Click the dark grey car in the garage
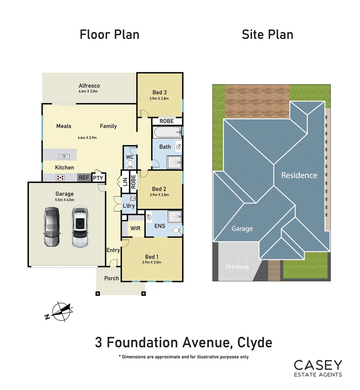pyautogui.click(x=51, y=227)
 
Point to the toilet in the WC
pyautogui.click(x=130, y=164)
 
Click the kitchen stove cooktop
pyautogui.click(x=60, y=177)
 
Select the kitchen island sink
pyautogui.click(x=64, y=156)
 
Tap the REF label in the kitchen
pyautogui.click(x=83, y=178)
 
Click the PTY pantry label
pyautogui.click(x=98, y=178)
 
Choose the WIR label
pyautogui.click(x=136, y=229)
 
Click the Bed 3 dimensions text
pyautogui.click(x=159, y=99)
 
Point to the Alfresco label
pyautogui.click(x=89, y=86)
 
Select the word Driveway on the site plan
pyautogui.click(x=237, y=266)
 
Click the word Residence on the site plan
pyautogui.click(x=299, y=175)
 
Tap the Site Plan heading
pyautogui.click(x=267, y=35)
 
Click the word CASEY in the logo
pyautogui.click(x=317, y=365)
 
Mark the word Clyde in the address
pyautogui.click(x=254, y=342)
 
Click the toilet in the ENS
pyautogui.click(x=176, y=230)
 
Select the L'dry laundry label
pyautogui.click(x=129, y=206)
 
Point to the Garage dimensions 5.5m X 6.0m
pyautogui.click(x=65, y=200)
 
